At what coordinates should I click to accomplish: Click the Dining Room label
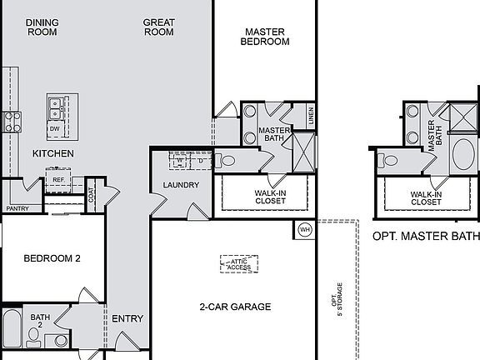42,27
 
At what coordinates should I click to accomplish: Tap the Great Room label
158,27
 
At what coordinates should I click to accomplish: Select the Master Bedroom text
265,37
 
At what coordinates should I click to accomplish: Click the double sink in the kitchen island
57,107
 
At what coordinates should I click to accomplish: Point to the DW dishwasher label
54,129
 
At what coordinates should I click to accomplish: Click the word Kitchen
53,154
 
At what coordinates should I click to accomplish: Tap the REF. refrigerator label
58,180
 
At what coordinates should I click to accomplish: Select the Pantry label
17,209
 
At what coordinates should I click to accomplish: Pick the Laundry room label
181,185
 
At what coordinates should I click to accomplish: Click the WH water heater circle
304,228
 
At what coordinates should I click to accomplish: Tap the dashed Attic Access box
238,264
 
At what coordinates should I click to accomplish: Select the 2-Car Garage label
234,307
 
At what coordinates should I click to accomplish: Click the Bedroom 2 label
52,258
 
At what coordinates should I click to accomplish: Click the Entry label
127,318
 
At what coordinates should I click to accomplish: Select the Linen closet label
311,117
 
